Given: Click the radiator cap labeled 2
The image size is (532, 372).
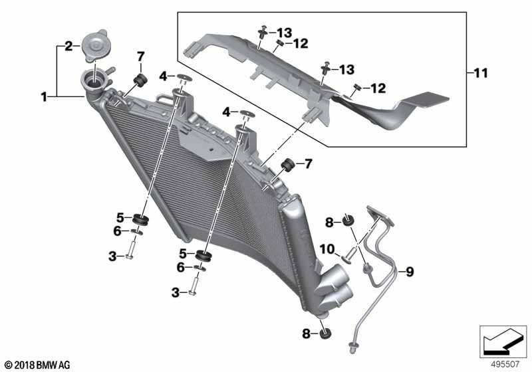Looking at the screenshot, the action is point(94,45).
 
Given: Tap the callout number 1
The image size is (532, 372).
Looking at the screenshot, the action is point(44,97).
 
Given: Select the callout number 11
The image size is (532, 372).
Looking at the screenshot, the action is point(480,73).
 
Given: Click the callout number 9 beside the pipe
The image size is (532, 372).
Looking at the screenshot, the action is point(410,272).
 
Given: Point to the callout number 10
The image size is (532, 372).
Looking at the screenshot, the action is point(327,249).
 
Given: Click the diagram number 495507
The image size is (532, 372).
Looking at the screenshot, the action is point(505,364).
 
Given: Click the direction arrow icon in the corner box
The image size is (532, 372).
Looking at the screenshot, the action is point(503,341).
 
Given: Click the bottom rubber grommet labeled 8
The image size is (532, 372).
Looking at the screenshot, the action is point(325,333).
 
